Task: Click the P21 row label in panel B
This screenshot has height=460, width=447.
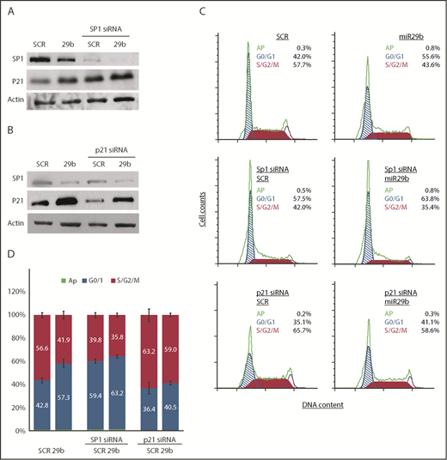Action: (x=14, y=203)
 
